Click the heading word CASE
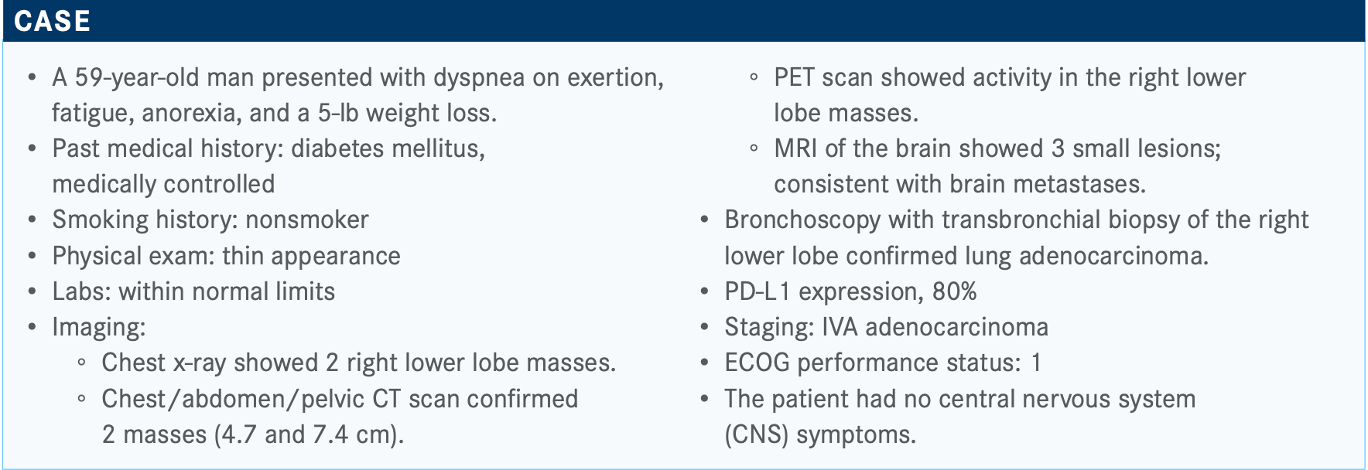click(x=52, y=21)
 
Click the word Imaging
click(x=98, y=328)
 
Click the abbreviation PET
click(x=795, y=77)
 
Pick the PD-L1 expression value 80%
click(x=955, y=291)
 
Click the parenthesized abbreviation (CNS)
click(x=757, y=434)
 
